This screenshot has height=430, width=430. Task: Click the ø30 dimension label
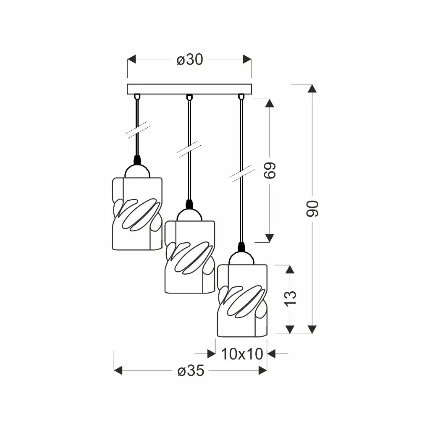[190, 59]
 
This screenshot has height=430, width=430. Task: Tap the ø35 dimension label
[191, 371]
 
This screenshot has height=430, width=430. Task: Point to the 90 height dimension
[312, 209]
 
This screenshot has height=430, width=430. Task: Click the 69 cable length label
[270, 170]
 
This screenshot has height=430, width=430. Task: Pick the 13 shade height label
[290, 298]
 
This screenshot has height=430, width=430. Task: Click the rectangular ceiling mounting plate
[189, 89]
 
